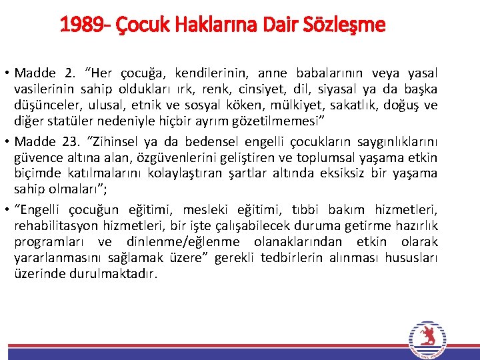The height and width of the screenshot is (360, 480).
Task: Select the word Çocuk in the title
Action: click(139, 25)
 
